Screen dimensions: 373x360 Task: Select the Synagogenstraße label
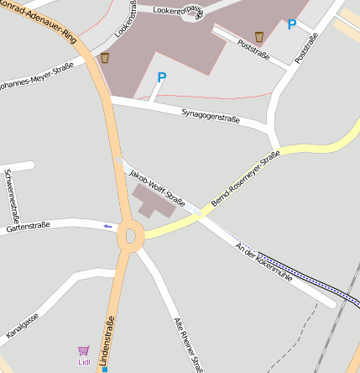pyautogui.click(x=211, y=115)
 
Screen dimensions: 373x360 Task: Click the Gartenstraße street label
pyautogui.click(x=29, y=226)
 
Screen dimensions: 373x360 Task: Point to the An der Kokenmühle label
pyautogui.click(x=264, y=261)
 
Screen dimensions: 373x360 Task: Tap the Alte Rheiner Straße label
pyautogui.click(x=187, y=344)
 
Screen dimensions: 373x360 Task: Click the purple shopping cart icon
pyautogui.click(x=83, y=350)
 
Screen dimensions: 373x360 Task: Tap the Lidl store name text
pyautogui.click(x=84, y=362)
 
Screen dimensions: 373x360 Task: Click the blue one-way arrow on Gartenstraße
pyautogui.click(x=107, y=226)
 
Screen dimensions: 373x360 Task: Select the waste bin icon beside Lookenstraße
pyautogui.click(x=105, y=58)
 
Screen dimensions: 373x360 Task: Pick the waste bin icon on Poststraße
pyautogui.click(x=259, y=36)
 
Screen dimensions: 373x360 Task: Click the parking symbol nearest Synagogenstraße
pyautogui.click(x=162, y=77)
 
